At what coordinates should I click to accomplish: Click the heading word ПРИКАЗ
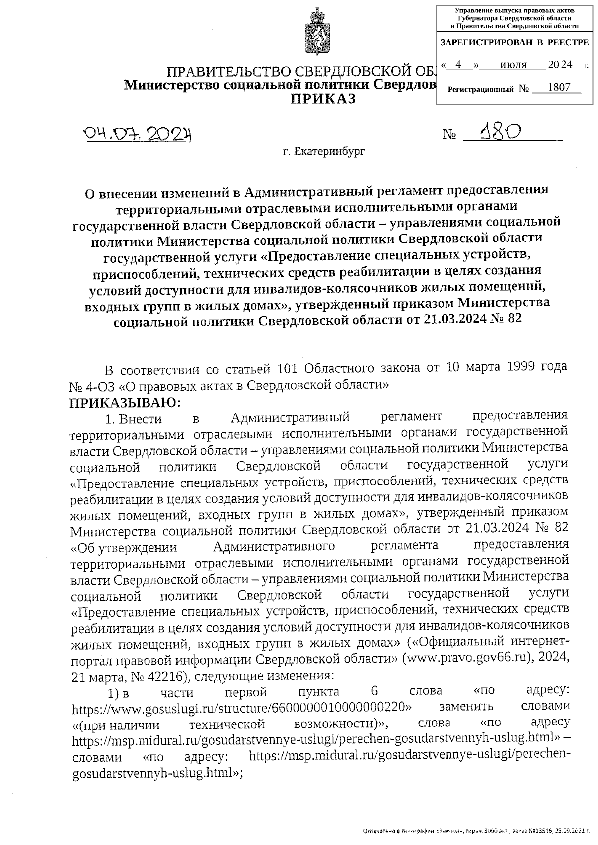pyautogui.click(x=323, y=99)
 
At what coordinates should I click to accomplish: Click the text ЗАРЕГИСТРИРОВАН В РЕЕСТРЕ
pyautogui.click(x=515, y=43)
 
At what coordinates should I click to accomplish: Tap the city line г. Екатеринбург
pyautogui.click(x=324, y=151)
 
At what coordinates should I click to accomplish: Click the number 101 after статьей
pyautogui.click(x=288, y=368)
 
